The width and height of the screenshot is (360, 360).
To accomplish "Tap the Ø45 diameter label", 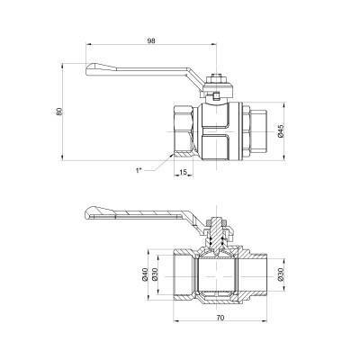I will [282, 131].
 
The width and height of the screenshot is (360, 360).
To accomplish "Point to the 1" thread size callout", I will [138, 168].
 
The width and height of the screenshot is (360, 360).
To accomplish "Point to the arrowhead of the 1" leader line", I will [170, 155].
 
